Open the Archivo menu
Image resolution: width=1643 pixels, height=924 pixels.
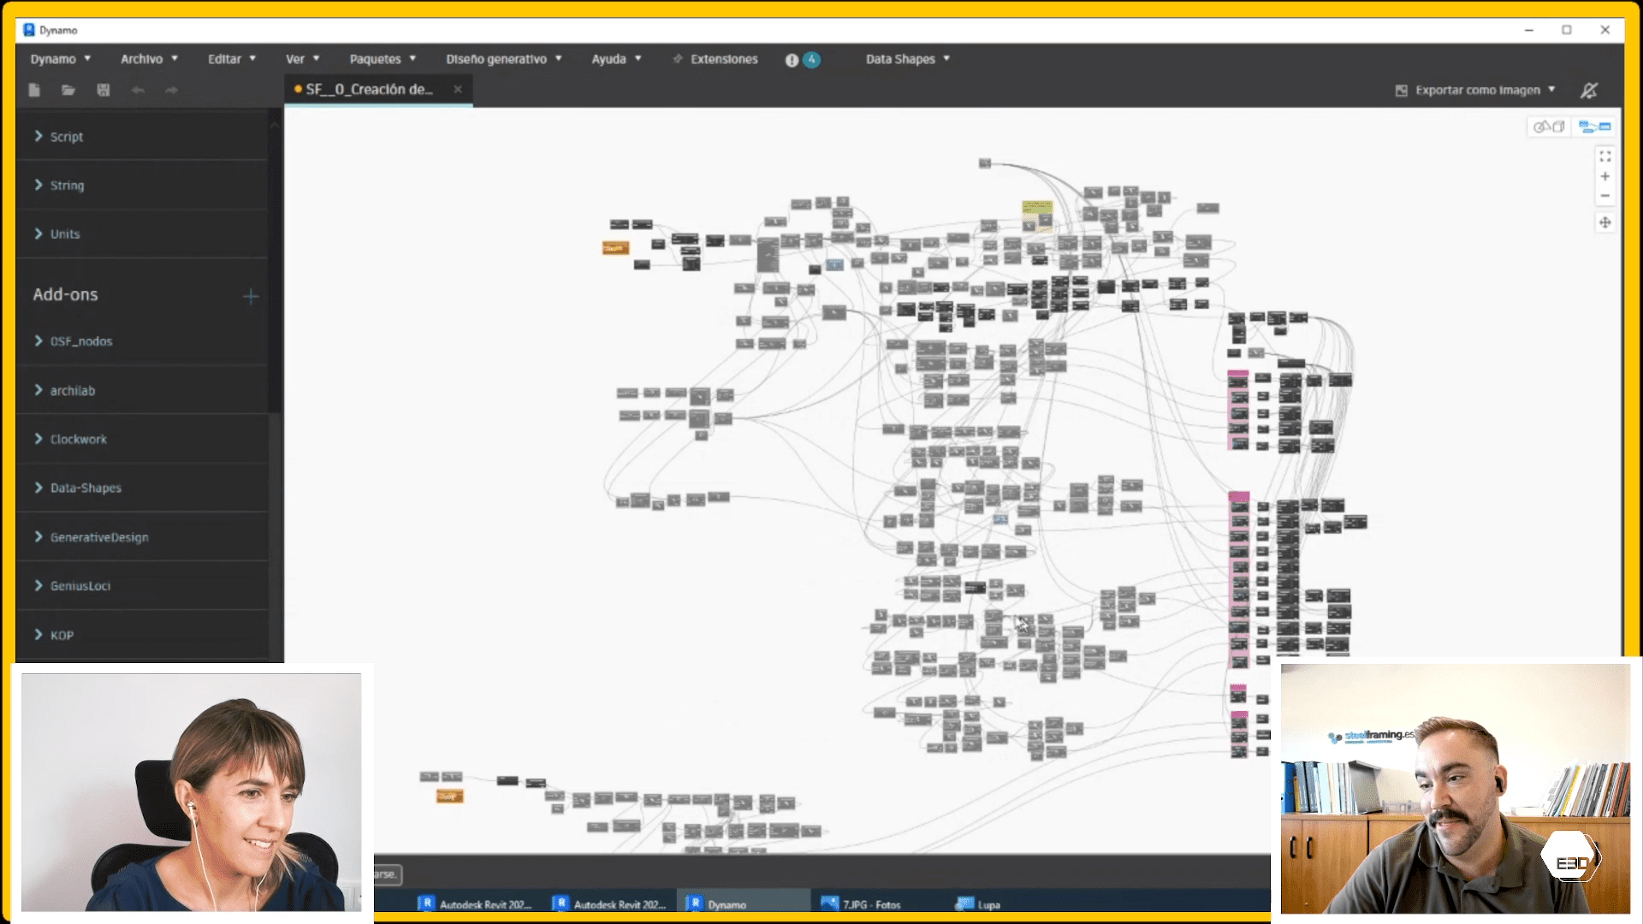point(148,59)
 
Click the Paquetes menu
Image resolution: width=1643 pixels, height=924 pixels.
point(382,59)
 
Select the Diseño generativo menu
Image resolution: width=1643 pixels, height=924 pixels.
point(503,59)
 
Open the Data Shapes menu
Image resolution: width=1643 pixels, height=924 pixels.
point(907,59)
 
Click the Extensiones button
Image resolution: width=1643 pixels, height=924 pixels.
point(715,59)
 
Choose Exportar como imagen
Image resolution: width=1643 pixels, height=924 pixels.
point(1475,90)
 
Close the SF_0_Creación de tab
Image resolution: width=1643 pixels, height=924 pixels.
point(458,89)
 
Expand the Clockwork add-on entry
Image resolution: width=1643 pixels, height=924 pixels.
point(78,439)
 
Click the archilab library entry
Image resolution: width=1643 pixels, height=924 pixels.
point(72,390)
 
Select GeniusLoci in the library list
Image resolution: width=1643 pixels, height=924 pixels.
point(80,586)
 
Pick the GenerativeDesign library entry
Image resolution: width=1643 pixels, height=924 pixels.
point(98,537)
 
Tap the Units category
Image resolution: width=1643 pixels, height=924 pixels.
point(64,234)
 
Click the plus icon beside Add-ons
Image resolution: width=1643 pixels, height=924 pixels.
point(251,296)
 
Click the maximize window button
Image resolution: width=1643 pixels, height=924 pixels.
point(1567,30)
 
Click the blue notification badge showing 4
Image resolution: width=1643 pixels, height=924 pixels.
point(811,59)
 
